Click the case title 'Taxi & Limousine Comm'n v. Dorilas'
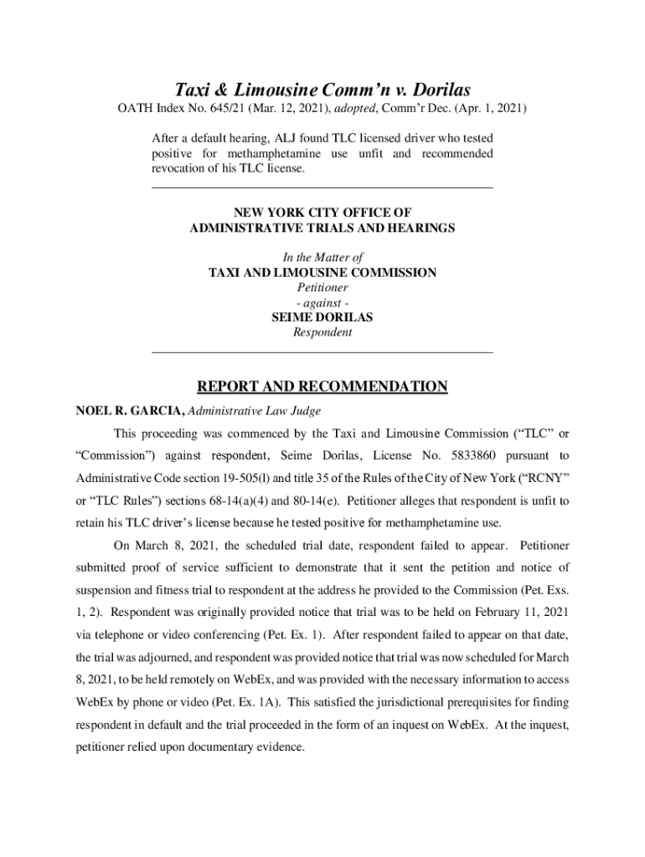coord(322,90)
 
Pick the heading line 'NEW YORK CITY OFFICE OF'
coord(322,213)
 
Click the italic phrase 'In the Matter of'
coord(322,258)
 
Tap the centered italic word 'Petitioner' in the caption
coord(322,287)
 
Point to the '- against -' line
coord(322,302)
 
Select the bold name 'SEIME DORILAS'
coord(322,317)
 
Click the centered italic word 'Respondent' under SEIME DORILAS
coord(322,332)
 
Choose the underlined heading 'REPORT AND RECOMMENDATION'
coord(322,387)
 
